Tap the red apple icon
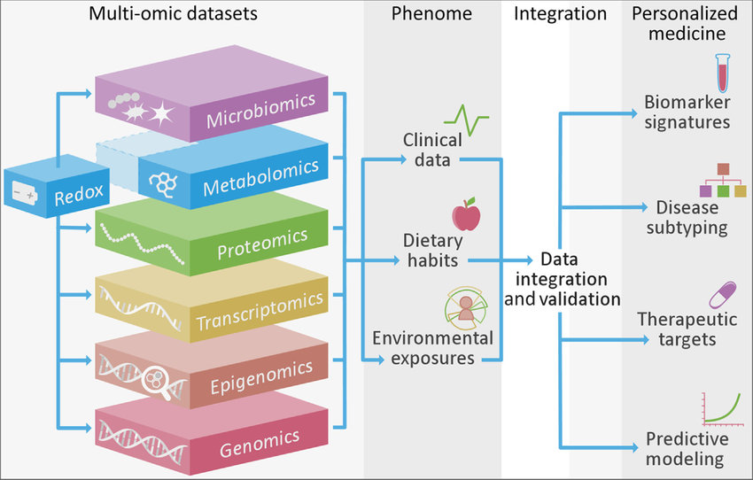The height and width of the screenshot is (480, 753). pyautogui.click(x=466, y=214)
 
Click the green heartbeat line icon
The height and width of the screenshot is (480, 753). pyautogui.click(x=467, y=119)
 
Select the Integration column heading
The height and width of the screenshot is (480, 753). pyautogui.click(x=560, y=14)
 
